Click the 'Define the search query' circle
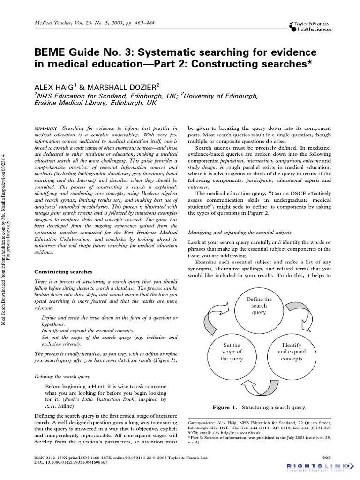tap(259, 306)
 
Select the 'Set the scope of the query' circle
tap(232, 352)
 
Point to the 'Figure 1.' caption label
tap(225, 407)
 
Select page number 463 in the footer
tap(326, 457)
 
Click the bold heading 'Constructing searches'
tap(64, 272)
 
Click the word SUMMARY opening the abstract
tap(46, 128)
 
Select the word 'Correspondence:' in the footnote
tap(204, 423)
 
